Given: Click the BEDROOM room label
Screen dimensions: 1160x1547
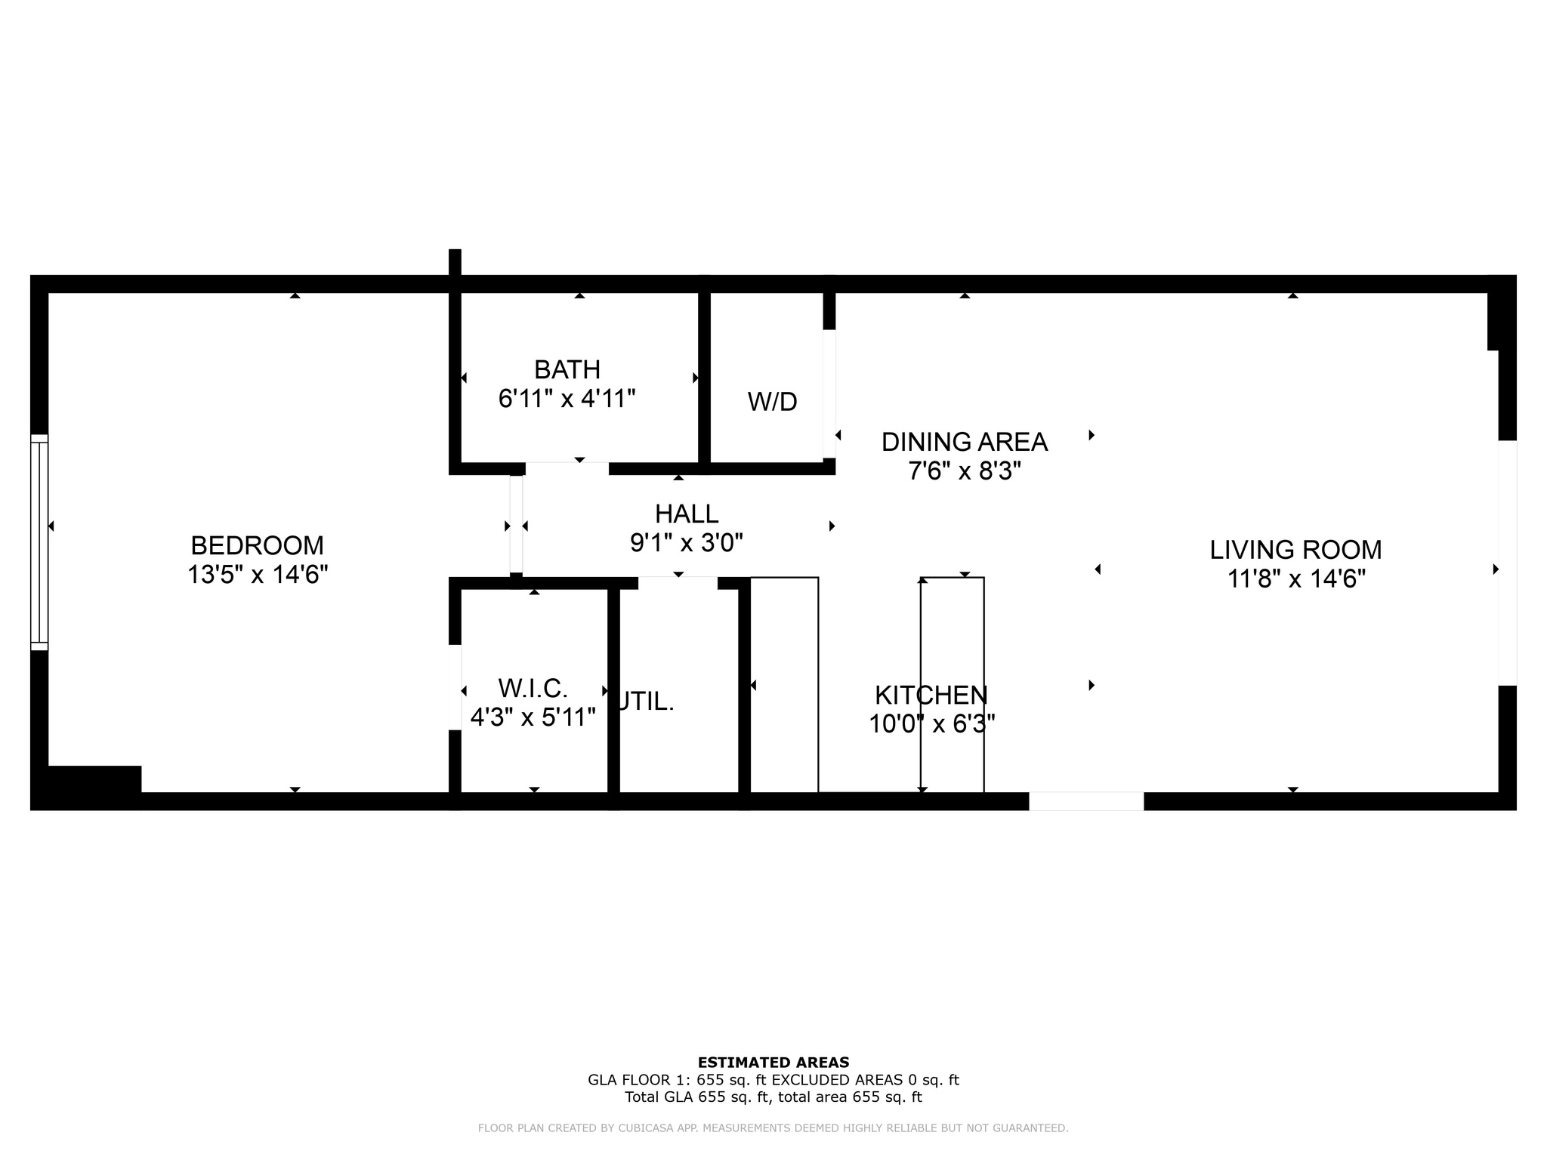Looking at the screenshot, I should pos(257,545).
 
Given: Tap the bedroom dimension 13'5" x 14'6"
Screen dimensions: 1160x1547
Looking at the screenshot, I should pos(257,575).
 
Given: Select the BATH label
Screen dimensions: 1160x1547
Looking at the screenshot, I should pos(567,369).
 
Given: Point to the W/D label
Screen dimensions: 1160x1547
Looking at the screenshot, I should pos(772,402).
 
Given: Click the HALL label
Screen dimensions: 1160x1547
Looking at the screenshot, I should pos(686,514).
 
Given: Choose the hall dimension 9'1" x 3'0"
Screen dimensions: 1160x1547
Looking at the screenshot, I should pos(686,542).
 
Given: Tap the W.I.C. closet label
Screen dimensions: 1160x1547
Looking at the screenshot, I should pos(533,688).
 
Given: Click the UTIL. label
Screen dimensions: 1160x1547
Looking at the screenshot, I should pos(646,702).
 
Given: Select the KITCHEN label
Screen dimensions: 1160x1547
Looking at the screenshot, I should pos(931,695).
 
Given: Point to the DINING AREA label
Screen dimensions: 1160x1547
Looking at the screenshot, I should pos(964,442).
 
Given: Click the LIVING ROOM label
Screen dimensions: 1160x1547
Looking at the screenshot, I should pos(1295,550).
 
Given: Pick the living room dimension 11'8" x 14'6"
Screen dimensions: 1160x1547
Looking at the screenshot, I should pos(1295,579).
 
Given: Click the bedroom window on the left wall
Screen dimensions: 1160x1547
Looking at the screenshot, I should pos(39,542).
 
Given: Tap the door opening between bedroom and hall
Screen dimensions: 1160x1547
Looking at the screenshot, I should pos(516,525).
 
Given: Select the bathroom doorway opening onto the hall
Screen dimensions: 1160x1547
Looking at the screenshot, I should pos(567,468).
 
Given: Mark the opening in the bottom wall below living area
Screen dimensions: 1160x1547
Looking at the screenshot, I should pos(1085,801).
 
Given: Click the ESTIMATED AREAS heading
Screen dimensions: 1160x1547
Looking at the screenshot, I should pos(773,1062).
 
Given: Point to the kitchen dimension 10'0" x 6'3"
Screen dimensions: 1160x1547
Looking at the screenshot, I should pos(931,724).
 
